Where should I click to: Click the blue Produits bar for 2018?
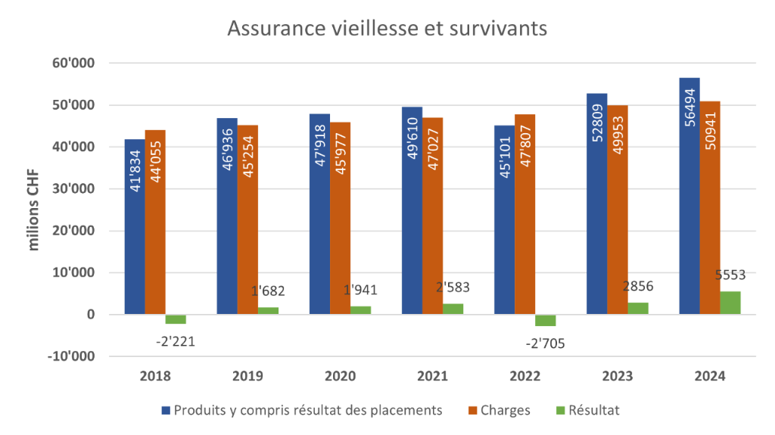135,227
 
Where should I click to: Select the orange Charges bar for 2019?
247,219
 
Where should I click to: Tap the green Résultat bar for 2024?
730,303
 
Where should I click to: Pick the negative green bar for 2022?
546,320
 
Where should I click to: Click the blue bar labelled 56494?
689,197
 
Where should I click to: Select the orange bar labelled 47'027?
433,216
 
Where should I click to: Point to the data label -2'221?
174,340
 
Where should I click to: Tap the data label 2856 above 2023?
637,287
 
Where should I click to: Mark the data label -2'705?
544,343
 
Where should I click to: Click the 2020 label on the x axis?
340,376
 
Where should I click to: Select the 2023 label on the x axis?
618,376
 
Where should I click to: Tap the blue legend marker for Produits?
166,410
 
